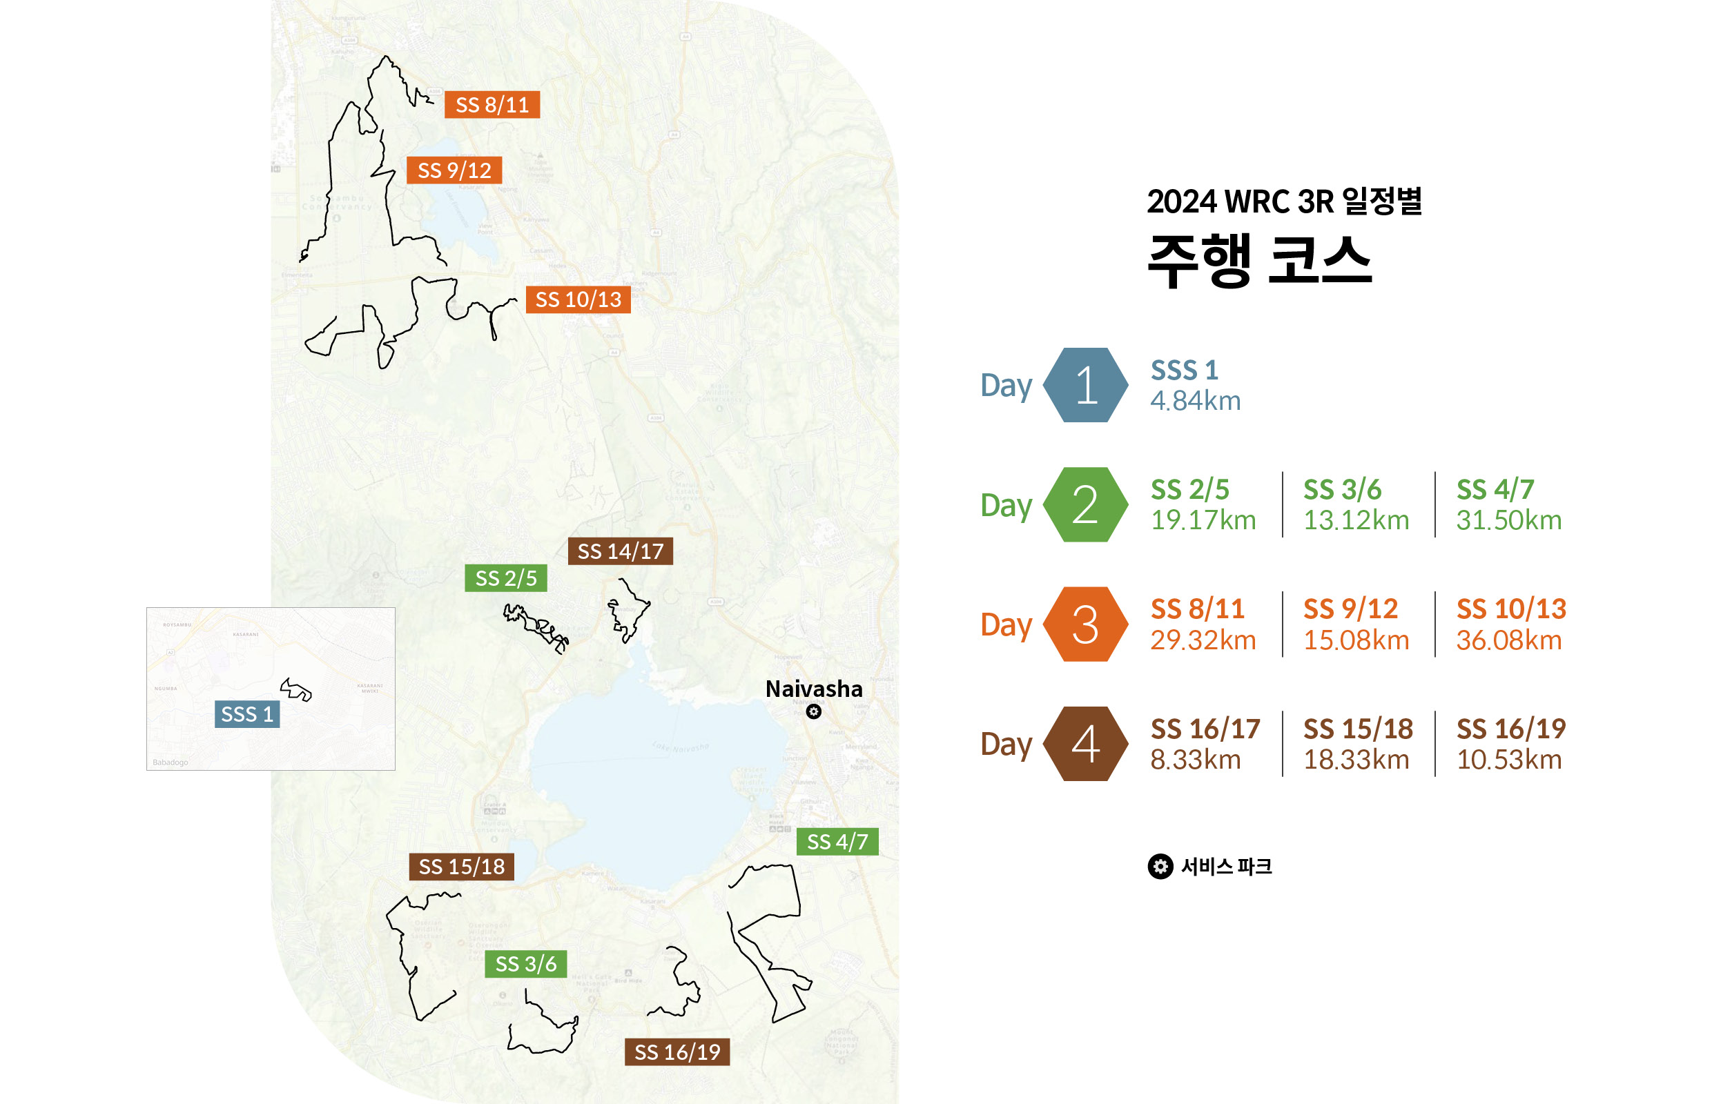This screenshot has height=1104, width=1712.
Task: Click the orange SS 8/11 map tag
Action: tap(492, 105)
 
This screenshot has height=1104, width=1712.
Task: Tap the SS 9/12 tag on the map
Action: tap(454, 170)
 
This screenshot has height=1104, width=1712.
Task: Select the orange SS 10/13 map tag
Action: tap(578, 299)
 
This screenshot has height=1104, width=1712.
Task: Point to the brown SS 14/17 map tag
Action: tap(621, 551)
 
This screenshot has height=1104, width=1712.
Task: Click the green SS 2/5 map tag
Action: tap(505, 578)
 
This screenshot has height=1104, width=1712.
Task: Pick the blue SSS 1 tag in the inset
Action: tap(246, 714)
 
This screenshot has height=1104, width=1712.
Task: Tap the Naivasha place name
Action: tap(813, 689)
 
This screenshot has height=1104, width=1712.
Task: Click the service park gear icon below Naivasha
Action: tap(813, 711)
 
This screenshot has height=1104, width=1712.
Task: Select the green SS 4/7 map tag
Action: tap(837, 842)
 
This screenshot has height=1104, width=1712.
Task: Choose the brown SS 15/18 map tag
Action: tap(461, 867)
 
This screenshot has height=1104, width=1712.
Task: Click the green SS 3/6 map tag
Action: tap(526, 964)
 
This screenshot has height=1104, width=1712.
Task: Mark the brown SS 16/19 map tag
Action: tap(677, 1052)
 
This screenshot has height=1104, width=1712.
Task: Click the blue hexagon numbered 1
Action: tap(1085, 385)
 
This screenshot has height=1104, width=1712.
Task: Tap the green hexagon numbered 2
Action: tap(1085, 504)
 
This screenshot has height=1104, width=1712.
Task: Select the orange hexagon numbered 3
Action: tap(1085, 624)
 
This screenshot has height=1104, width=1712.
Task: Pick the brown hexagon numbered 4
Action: tap(1085, 744)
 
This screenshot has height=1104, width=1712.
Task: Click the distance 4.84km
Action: tap(1195, 402)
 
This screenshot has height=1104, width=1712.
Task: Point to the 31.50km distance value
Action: tap(1508, 520)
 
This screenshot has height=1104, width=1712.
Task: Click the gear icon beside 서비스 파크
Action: tap(1160, 866)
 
